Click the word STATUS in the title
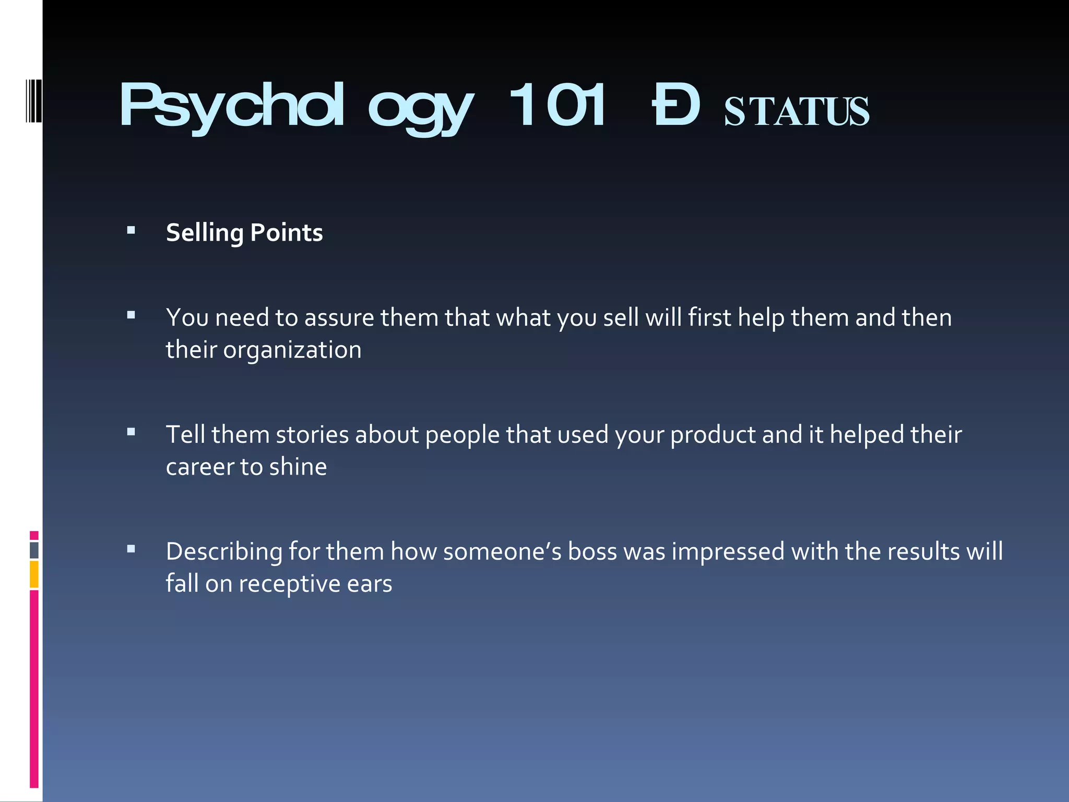pos(797,112)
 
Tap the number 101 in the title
pos(557,105)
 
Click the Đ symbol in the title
pos(676,105)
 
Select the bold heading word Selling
pos(205,233)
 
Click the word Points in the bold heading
pos(287,233)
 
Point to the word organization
pos(292,350)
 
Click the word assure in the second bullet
pos(339,318)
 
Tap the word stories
pos(312,435)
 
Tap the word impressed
pos(728,552)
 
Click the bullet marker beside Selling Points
pos(131,230)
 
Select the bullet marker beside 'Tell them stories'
pos(131,432)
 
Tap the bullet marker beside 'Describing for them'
pos(131,549)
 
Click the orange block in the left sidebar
pos(34,574)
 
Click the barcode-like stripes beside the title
pos(33,100)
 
